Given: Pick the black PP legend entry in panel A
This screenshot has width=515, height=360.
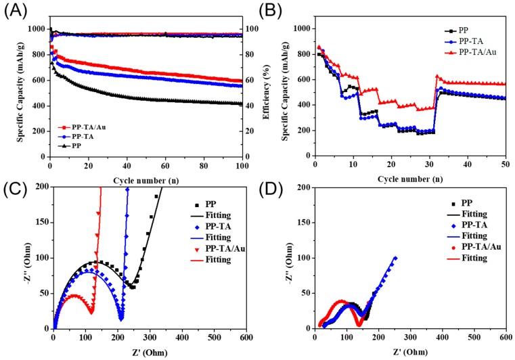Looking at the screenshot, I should pyautogui.click(x=68, y=145).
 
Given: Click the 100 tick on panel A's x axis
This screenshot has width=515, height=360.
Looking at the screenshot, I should pyautogui.click(x=242, y=164).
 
